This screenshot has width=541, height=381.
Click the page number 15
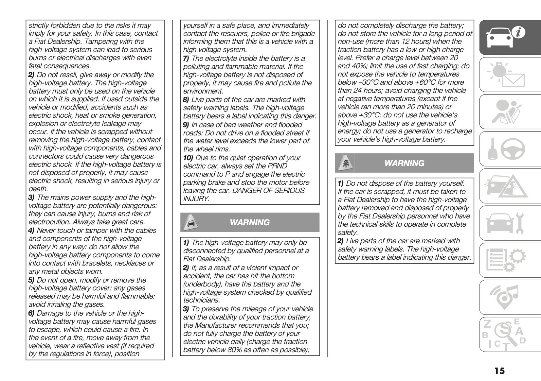tap(499, 371)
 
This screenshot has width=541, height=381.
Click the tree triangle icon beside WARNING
tap(344, 163)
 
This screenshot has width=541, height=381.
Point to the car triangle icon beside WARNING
tap(189, 222)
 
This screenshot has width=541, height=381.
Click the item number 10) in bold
tap(188, 158)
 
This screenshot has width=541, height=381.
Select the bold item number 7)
tap(186, 59)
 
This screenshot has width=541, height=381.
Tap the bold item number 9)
tap(186, 125)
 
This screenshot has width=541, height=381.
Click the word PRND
tap(277, 166)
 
